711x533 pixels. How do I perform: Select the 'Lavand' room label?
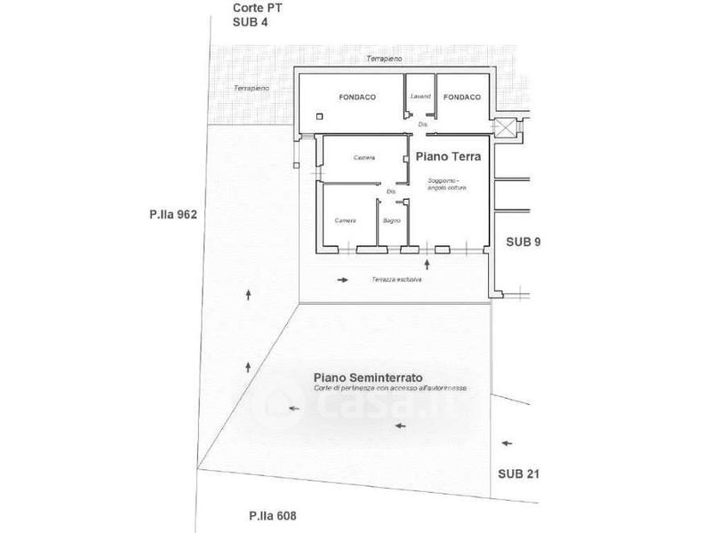click(419, 96)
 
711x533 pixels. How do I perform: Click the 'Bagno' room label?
click(392, 219)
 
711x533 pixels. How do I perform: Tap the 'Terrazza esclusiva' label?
click(396, 280)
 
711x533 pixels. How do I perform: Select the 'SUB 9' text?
click(523, 242)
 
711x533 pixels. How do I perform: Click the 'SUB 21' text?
click(518, 474)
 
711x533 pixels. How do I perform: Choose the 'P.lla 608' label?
click(272, 515)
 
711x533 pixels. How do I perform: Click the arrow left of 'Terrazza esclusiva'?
click(343, 280)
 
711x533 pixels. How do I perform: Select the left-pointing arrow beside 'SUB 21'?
click(507, 441)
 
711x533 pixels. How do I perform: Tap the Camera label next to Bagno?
click(346, 219)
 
